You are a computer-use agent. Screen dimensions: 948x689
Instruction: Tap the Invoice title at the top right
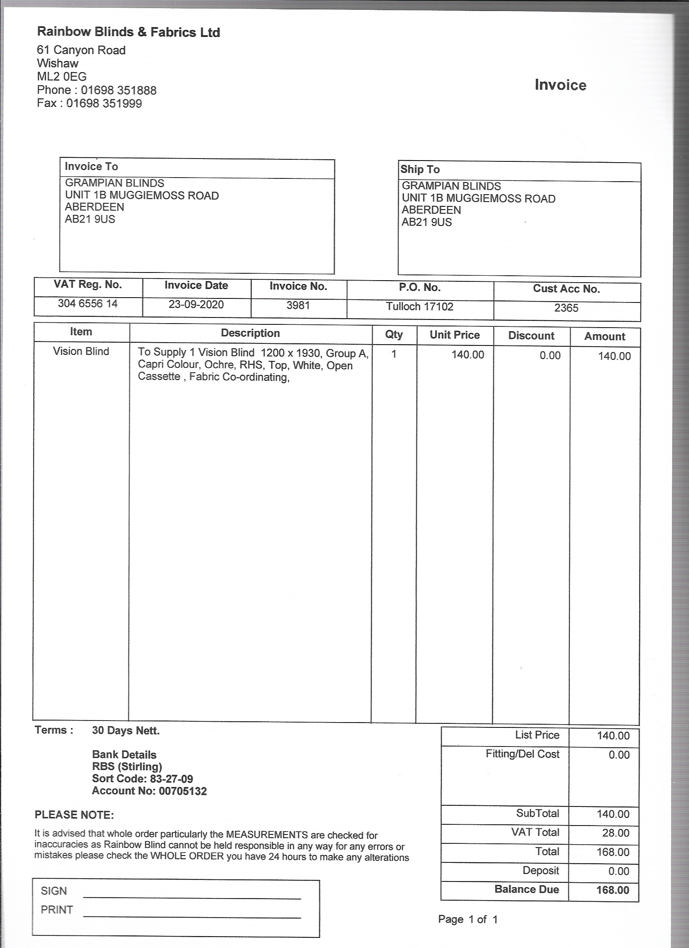(x=560, y=85)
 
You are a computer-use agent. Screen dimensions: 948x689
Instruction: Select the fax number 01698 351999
(x=104, y=103)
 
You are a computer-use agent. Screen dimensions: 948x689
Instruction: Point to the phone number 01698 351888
(x=119, y=90)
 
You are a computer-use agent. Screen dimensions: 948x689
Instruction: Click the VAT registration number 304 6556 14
(x=88, y=303)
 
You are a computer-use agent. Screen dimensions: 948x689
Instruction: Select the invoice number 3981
(x=298, y=305)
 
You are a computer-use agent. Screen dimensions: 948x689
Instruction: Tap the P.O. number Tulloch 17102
(x=419, y=307)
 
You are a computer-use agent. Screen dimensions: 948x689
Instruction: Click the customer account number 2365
(x=566, y=308)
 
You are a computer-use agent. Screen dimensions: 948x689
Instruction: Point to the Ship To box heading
(x=420, y=169)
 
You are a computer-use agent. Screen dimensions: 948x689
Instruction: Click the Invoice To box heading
(x=91, y=166)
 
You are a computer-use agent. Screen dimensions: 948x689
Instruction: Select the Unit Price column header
(x=455, y=335)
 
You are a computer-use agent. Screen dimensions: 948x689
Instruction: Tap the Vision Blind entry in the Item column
(x=81, y=351)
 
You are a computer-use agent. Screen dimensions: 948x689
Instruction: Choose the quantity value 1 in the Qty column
(x=394, y=354)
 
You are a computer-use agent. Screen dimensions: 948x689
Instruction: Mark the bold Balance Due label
(x=526, y=889)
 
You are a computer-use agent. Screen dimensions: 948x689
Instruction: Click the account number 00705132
(x=183, y=791)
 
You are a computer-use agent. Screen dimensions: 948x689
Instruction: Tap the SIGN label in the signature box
(x=54, y=891)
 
